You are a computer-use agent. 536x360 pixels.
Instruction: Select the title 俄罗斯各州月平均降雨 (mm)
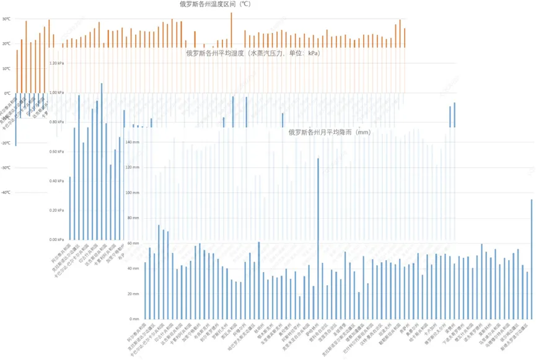tap(329, 132)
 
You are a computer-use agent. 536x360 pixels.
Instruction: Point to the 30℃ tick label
tap(6, 19)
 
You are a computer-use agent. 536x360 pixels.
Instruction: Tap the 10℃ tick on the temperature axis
tap(6, 69)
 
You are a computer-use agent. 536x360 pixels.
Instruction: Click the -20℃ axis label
tap(6, 143)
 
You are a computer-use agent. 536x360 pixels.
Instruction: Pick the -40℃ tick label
tap(6, 193)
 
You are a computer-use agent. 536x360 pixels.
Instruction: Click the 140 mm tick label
tap(133, 142)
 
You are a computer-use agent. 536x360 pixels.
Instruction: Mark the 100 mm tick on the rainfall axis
tap(133, 193)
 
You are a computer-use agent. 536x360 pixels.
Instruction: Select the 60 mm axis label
tap(134, 243)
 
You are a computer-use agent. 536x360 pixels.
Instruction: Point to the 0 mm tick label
tap(136, 318)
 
